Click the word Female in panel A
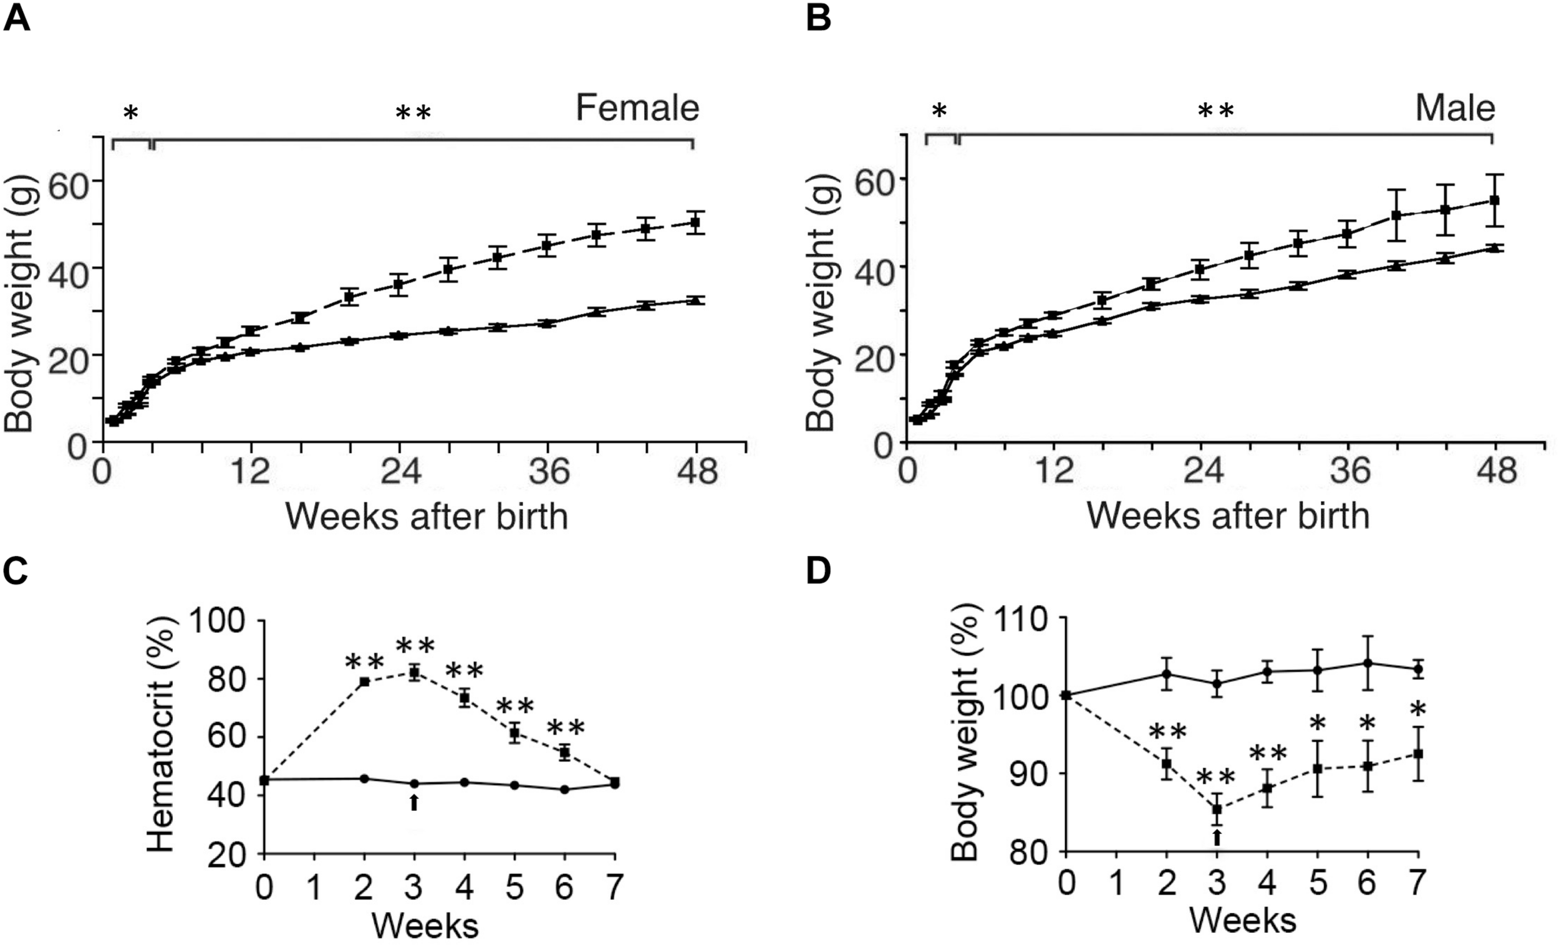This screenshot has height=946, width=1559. click(637, 108)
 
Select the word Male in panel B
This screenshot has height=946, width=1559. click(1455, 108)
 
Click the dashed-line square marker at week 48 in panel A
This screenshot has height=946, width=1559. click(695, 222)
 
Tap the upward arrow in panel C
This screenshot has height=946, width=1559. click(414, 803)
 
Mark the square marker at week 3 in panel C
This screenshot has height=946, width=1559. click(415, 674)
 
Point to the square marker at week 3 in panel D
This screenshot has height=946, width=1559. click(1216, 809)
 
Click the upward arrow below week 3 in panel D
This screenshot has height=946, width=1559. click(1216, 838)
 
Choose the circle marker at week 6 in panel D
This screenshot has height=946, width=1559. click(1368, 662)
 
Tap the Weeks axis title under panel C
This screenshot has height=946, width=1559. click(425, 926)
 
